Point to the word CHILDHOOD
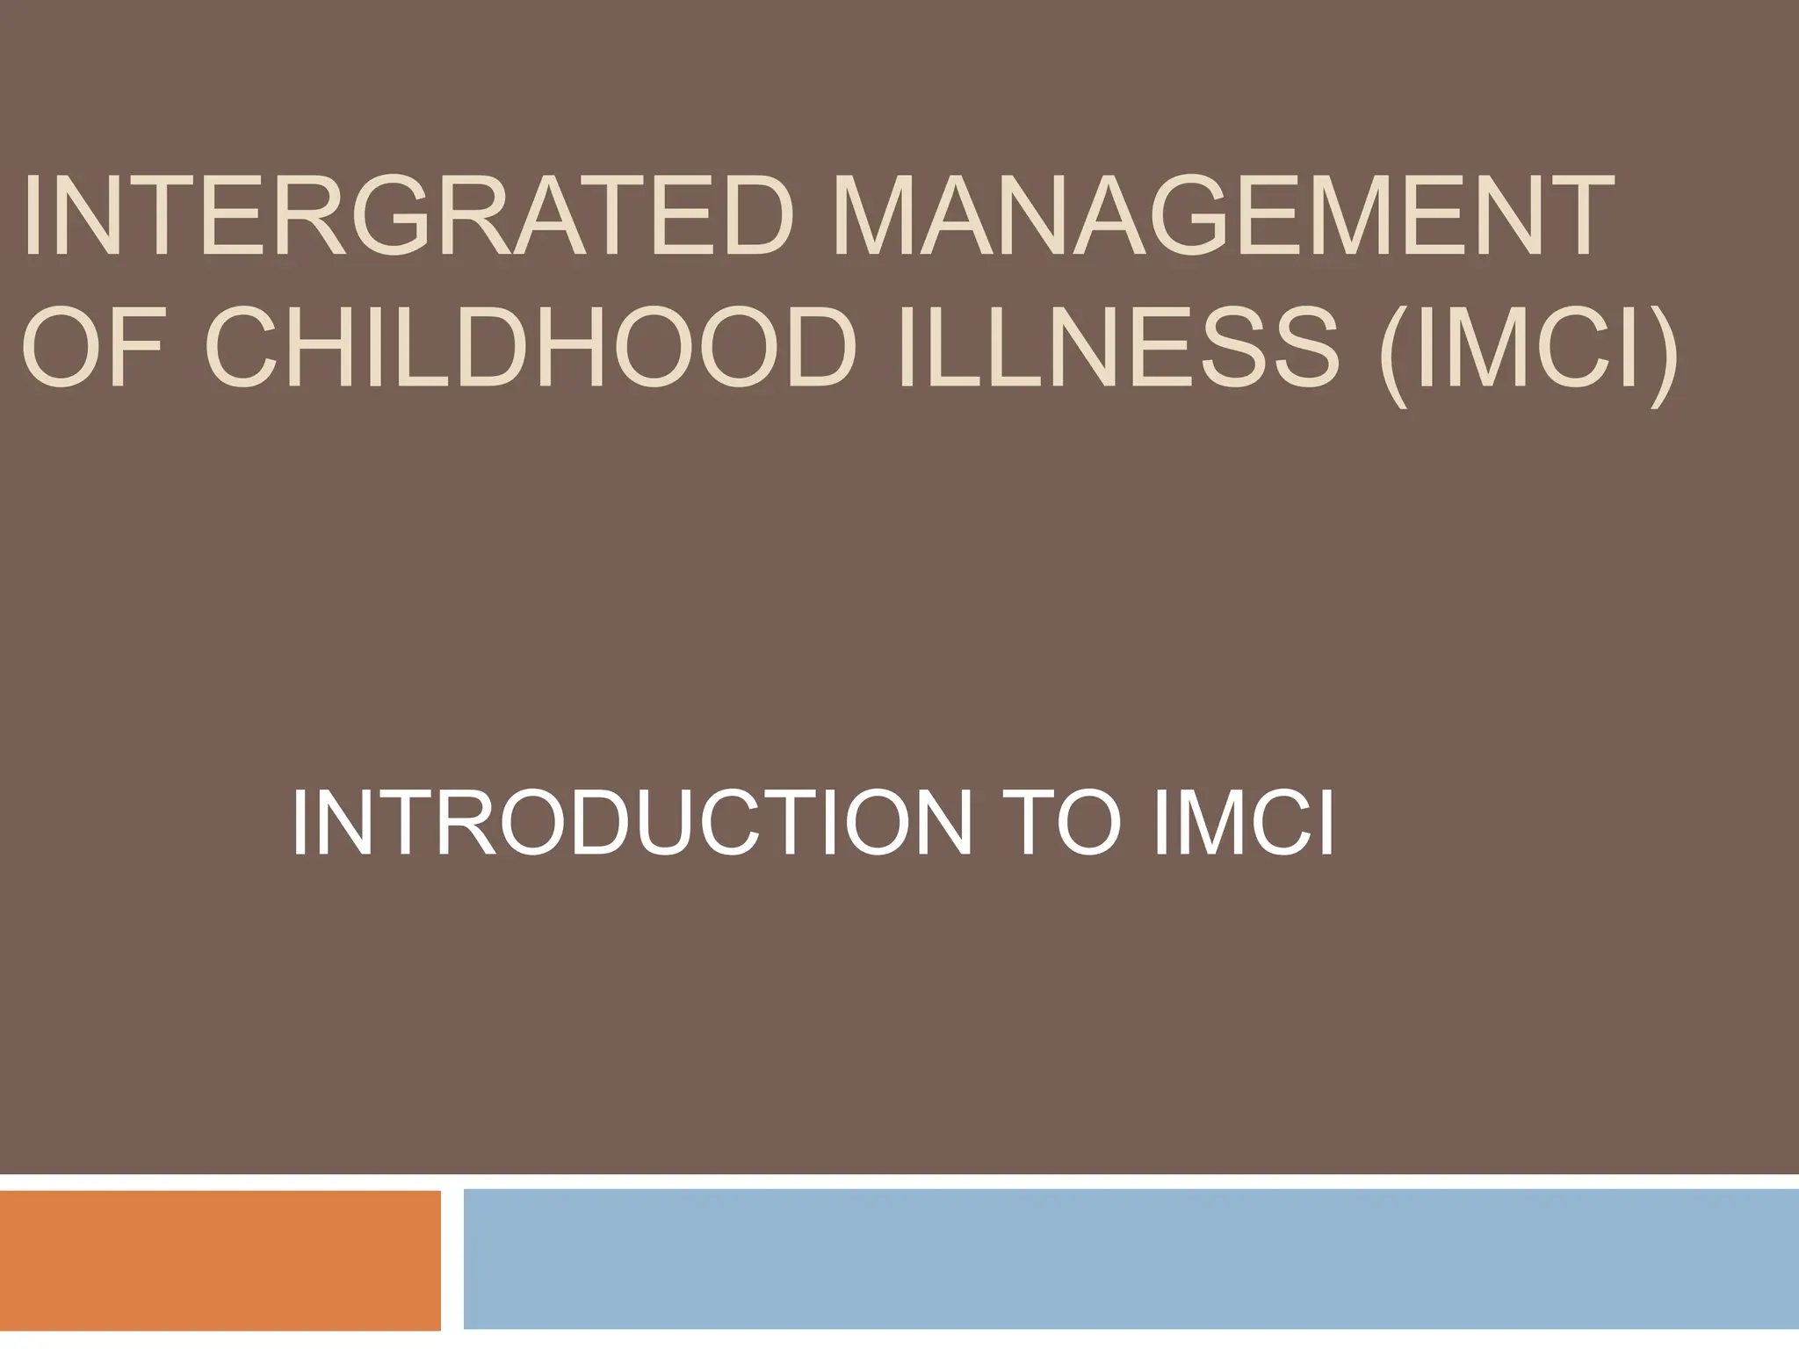(x=531, y=343)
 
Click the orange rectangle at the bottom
(x=220, y=1260)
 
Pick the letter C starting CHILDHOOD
(x=247, y=343)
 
